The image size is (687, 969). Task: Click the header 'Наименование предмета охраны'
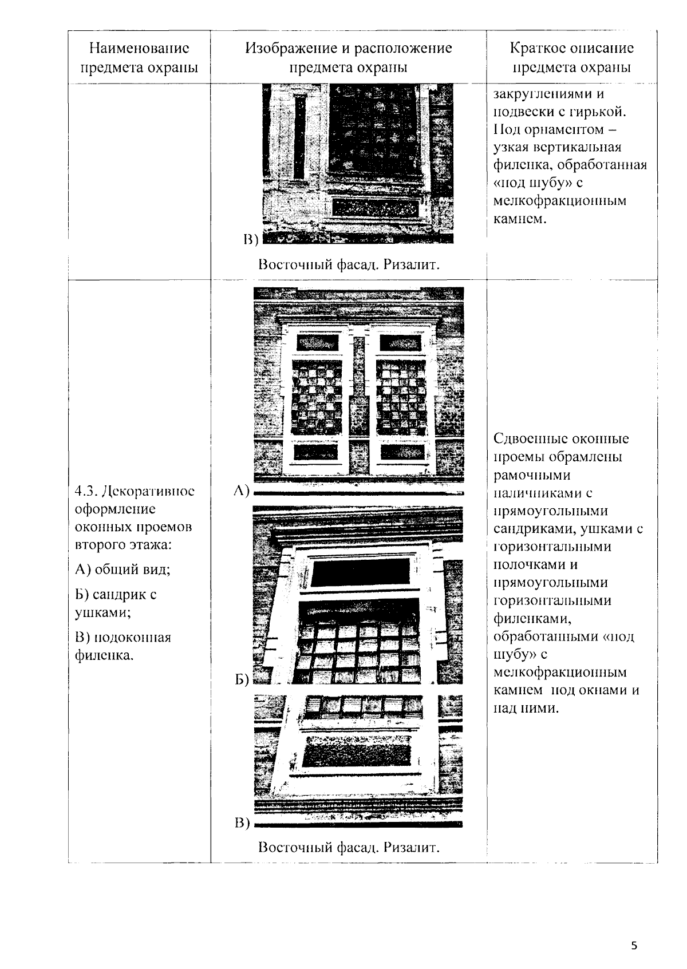point(139,57)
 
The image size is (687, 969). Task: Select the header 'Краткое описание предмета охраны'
point(571,57)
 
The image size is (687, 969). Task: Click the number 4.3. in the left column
point(86,491)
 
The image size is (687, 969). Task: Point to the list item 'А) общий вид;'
point(123,569)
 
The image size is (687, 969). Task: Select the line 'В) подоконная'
point(123,637)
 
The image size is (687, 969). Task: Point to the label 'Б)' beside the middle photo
point(242,679)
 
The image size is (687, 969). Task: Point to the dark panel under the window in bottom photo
point(358,752)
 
